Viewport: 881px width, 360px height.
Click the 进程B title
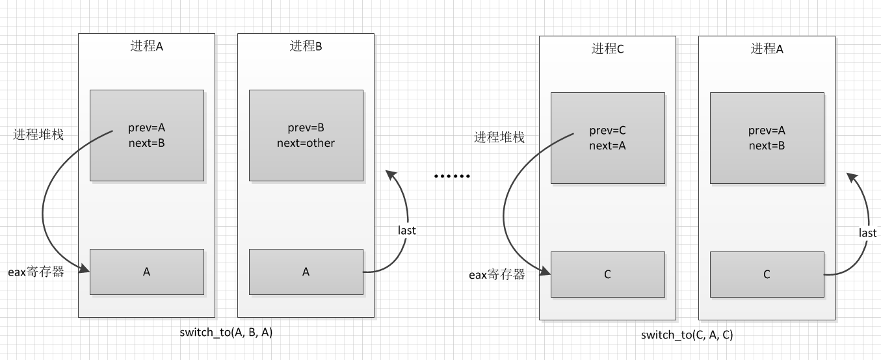[306, 47]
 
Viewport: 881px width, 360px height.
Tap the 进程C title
[607, 49]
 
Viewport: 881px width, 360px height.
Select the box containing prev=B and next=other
[306, 135]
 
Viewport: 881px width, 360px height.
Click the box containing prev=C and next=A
[607, 138]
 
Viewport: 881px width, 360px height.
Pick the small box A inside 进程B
[306, 272]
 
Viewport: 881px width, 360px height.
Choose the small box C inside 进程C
[607, 274]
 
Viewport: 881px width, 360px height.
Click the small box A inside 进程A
[147, 272]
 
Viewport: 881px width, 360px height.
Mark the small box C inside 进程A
[767, 274]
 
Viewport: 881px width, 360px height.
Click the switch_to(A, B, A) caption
[226, 333]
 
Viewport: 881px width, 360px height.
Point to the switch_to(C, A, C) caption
[687, 335]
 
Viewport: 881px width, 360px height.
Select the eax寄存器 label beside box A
[36, 272]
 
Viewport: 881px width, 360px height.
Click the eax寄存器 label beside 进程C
[497, 274]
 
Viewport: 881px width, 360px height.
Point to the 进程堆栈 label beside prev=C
[499, 137]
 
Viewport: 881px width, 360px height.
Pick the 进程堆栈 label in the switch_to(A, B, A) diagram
[38, 135]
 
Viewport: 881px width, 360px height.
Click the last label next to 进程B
[406, 230]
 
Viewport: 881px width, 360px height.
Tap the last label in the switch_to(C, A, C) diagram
[867, 233]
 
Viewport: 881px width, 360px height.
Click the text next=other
[306, 143]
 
